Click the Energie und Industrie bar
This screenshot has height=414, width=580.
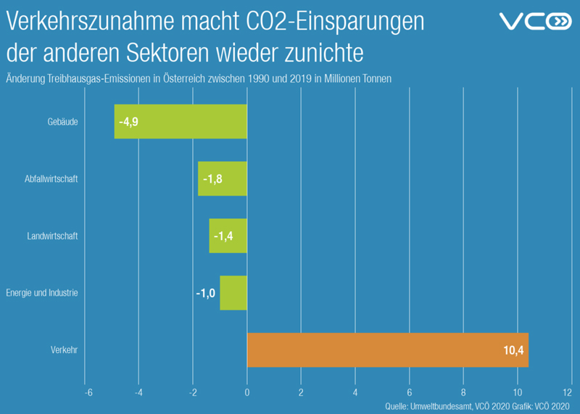click(233, 293)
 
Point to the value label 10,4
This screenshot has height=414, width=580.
click(513, 351)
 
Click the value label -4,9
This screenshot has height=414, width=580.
click(128, 122)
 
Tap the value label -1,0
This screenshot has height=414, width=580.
click(206, 294)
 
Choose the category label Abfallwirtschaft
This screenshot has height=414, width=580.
click(50, 179)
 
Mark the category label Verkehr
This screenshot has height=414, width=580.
click(65, 350)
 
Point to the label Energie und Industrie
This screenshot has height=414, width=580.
click(41, 293)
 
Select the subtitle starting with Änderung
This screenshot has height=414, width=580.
click(199, 78)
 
